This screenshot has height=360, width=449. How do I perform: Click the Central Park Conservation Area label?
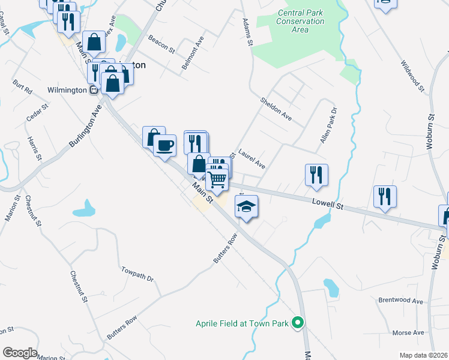pos(301,22)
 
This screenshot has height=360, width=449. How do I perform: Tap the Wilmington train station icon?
pos(94,91)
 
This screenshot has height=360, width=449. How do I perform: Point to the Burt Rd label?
pos(22,87)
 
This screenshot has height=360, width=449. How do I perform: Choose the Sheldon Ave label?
pos(276,109)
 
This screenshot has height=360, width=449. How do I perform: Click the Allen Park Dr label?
pos(329,125)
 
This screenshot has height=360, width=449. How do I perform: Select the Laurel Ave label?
pos(252,158)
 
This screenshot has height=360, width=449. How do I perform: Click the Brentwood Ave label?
pos(400,300)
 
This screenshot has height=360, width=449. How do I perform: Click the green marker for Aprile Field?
pos(297,323)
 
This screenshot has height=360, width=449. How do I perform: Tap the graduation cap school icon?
pos(246,207)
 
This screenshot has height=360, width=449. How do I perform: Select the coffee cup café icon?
pos(164,145)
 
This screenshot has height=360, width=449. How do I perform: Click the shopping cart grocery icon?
pos(217,178)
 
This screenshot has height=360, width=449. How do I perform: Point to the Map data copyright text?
pos(423,355)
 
